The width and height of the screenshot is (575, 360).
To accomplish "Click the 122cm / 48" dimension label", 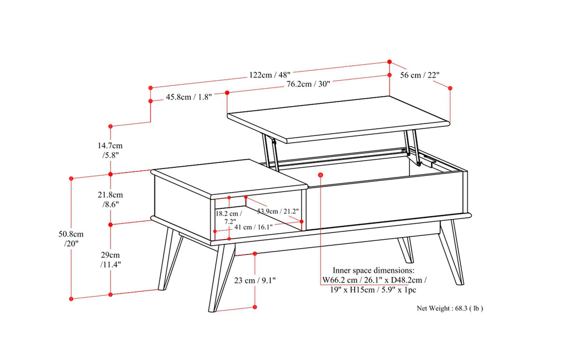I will tap(270, 74).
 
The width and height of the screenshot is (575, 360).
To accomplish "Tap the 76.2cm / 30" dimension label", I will tap(308, 84).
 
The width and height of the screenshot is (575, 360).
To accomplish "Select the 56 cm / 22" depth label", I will tap(419, 75).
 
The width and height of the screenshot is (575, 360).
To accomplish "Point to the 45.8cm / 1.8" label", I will tap(189, 97).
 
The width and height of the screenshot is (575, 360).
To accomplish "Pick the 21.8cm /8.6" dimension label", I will tap(111, 199).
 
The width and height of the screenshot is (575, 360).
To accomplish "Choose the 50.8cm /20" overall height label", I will tap(71, 239).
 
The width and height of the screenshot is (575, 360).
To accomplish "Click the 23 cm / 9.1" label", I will tap(255, 280).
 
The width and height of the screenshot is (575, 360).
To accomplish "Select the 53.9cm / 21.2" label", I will tap(278, 211).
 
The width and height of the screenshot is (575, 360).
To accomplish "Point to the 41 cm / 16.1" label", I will tap(253, 227).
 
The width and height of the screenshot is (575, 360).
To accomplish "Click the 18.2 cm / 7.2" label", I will tap(229, 218).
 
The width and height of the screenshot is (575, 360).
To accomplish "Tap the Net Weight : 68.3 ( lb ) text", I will tap(449, 308).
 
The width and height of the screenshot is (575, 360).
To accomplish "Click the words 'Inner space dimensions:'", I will tap(374, 270).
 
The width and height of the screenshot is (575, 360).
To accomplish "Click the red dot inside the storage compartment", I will tap(320, 175).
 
